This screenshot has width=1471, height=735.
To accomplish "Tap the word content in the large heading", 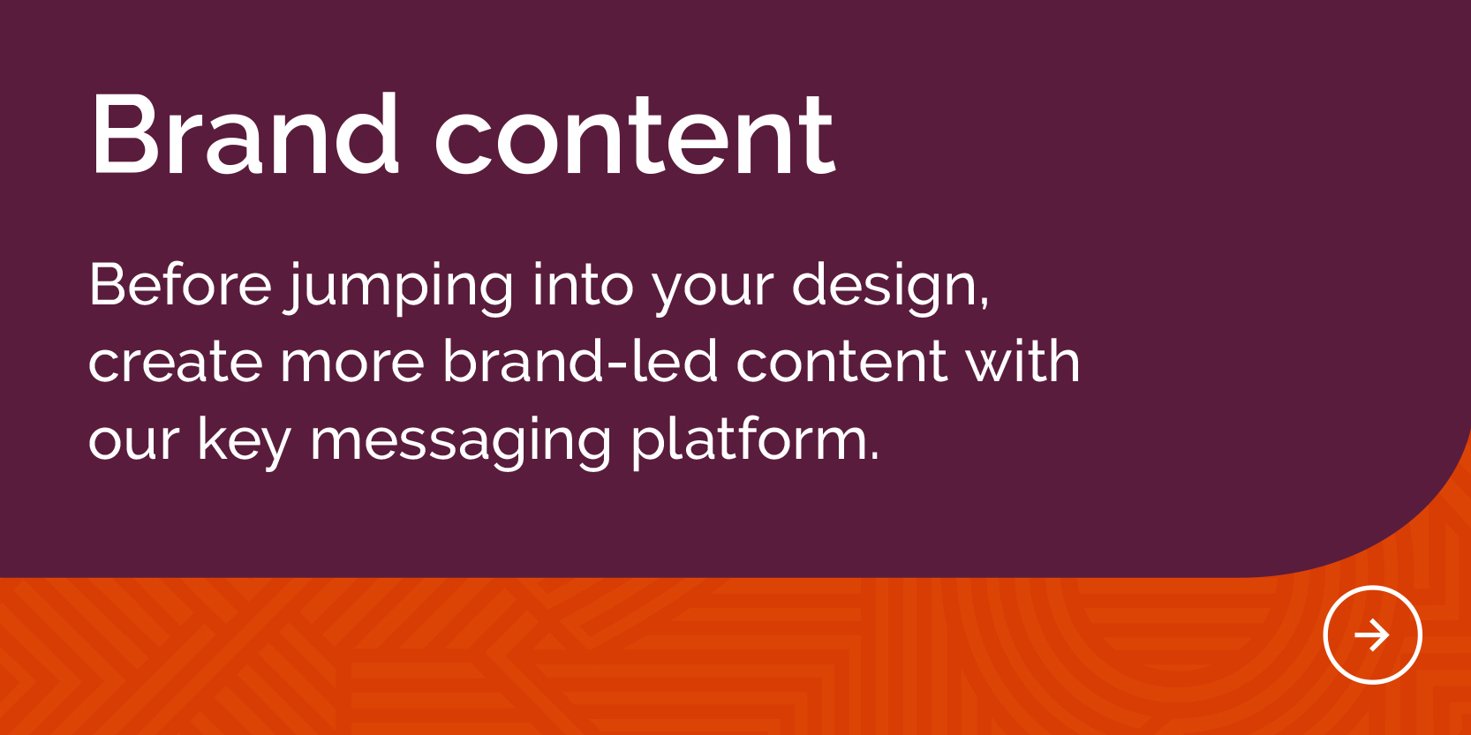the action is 635,135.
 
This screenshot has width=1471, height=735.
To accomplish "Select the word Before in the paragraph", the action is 181,284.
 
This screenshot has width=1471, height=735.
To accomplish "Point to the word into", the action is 584,284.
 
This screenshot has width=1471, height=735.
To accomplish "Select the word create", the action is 176,364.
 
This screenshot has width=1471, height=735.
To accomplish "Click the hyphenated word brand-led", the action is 580,360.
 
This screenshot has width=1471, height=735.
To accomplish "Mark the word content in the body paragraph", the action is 841,364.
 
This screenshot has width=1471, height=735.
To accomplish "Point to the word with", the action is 1022,360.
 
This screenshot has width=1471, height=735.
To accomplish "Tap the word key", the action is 245,442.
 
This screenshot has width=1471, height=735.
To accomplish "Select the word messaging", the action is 460,442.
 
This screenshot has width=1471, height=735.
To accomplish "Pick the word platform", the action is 749,442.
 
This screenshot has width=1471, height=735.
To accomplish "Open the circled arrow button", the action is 1372,634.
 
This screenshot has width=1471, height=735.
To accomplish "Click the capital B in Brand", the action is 124,134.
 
